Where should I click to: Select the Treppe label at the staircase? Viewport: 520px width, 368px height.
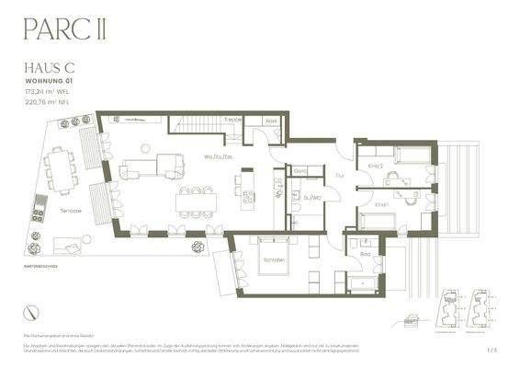pos(233,121)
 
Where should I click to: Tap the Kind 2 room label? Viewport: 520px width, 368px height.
pos(375,166)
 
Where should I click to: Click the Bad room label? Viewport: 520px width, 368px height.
pos(366,252)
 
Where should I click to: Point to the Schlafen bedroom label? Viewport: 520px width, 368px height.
pos(273,260)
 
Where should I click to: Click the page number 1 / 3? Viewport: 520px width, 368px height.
pos(492,350)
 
